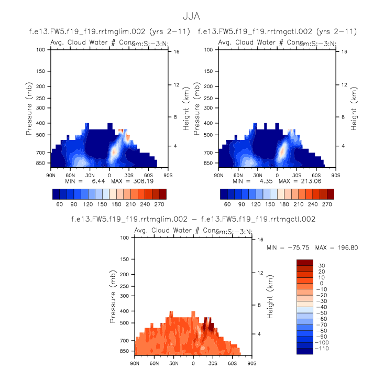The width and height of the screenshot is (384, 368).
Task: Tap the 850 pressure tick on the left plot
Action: pos(41,164)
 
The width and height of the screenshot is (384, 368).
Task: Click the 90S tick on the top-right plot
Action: pos(336,175)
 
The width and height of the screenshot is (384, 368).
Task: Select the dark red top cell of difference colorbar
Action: pos(305,262)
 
